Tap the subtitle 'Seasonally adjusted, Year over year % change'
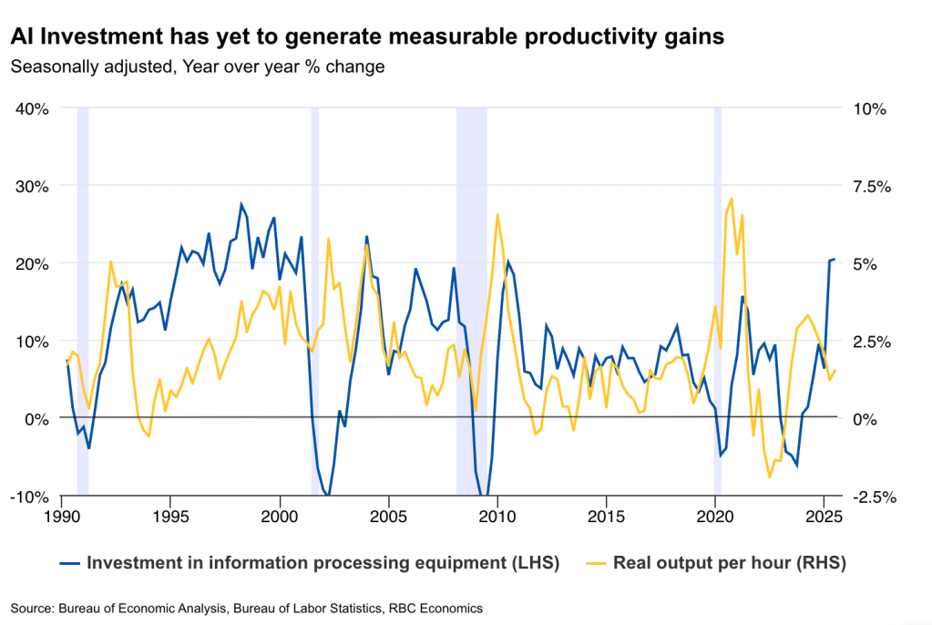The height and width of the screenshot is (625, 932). pos(197,67)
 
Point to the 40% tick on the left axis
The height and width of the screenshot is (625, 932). pos(33,108)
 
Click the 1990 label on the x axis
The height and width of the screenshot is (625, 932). pos(61,516)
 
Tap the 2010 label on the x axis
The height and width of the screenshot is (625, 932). pos(497,516)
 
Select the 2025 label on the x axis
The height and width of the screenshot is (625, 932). pos(824,516)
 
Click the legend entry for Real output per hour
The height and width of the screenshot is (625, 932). pos(729,563)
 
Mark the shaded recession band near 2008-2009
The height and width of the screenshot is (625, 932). pos(471,301)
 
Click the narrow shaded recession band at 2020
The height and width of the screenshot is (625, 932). pos(717,301)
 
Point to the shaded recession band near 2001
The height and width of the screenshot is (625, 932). pos(315,301)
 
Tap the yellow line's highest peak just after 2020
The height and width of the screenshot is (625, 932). pos(732,198)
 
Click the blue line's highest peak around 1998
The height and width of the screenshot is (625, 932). pos(241,204)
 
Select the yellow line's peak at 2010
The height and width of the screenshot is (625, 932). pos(497,214)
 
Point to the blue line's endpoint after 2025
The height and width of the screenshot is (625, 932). pos(835,260)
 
